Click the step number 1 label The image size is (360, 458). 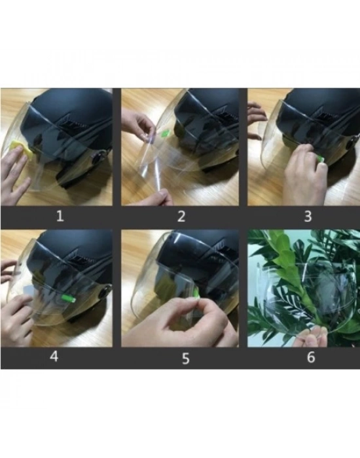[60, 216]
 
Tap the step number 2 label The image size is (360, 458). [181, 217]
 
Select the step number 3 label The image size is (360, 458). [308, 217]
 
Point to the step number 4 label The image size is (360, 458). [54, 357]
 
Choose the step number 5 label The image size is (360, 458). [186, 359]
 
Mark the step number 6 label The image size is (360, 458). [311, 357]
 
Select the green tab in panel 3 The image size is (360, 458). [321, 159]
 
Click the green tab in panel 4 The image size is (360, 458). [68, 298]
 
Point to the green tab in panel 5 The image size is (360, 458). [196, 293]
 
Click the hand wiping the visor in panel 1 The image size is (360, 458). [14, 175]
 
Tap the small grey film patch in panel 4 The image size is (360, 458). [30, 292]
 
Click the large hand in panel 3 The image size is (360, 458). [304, 175]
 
